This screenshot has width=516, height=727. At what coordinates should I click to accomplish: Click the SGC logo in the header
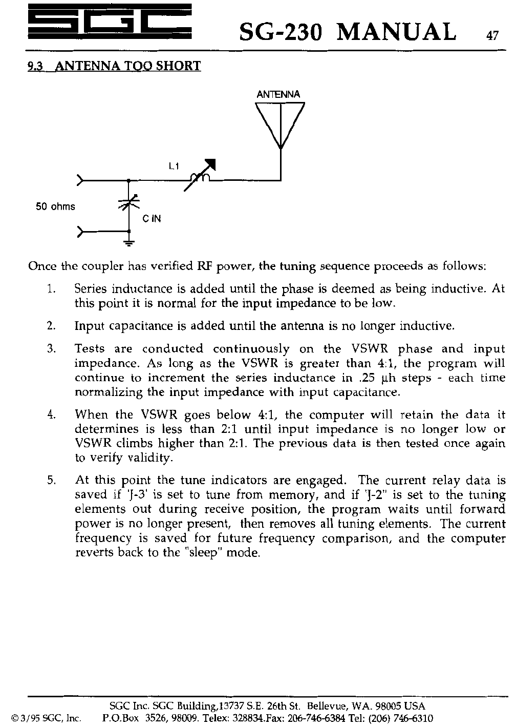point(109,23)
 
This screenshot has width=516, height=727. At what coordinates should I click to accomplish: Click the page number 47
point(492,36)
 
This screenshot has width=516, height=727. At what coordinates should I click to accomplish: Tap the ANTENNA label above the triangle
point(278,95)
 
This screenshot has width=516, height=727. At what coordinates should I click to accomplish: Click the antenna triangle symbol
point(280,123)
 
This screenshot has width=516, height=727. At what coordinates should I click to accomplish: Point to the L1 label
point(174,166)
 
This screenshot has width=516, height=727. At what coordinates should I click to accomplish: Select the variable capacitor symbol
point(128,203)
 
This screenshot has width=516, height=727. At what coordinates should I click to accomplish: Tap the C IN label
point(152,219)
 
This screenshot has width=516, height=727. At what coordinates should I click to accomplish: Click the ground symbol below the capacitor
point(128,242)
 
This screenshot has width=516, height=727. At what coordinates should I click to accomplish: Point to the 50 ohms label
point(55,207)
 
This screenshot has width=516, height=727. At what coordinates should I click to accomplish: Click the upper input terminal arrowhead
point(80,180)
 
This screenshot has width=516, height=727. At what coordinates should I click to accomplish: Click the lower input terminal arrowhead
point(80,232)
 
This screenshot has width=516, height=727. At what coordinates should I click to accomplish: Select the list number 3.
point(51,349)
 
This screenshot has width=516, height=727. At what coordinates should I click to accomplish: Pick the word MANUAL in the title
point(396,32)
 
